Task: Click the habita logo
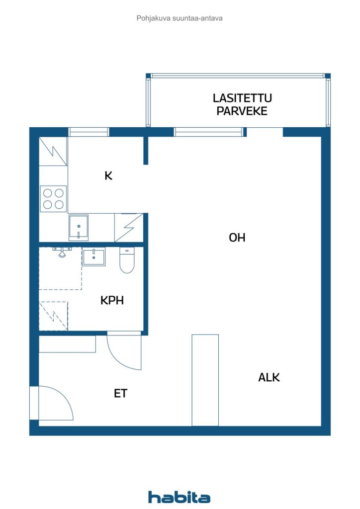tap(179, 497)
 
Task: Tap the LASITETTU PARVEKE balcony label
tap(242, 104)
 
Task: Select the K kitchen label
tap(108, 175)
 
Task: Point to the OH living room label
tap(237, 238)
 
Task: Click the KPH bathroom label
tap(112, 300)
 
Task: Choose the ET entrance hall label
tap(120, 394)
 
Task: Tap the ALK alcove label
tap(269, 377)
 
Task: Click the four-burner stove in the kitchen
tap(53, 199)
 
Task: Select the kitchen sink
tap(78, 227)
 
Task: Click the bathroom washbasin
tap(93, 257)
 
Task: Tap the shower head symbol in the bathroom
tap(62, 252)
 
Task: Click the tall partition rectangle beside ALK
tap(205, 380)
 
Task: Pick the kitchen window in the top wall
tap(89, 132)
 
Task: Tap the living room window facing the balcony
tap(209, 132)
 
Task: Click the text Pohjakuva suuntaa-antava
tap(180, 18)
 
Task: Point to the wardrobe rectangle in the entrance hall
tap(67, 344)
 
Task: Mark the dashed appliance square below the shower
tap(53, 316)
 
